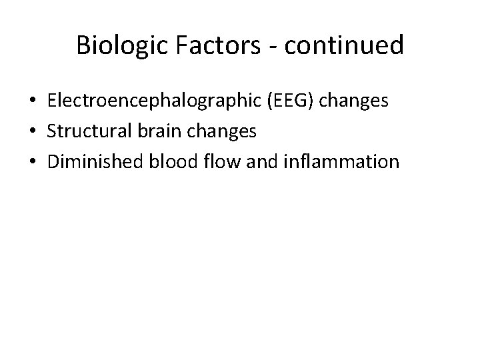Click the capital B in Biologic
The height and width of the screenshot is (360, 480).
83,45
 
